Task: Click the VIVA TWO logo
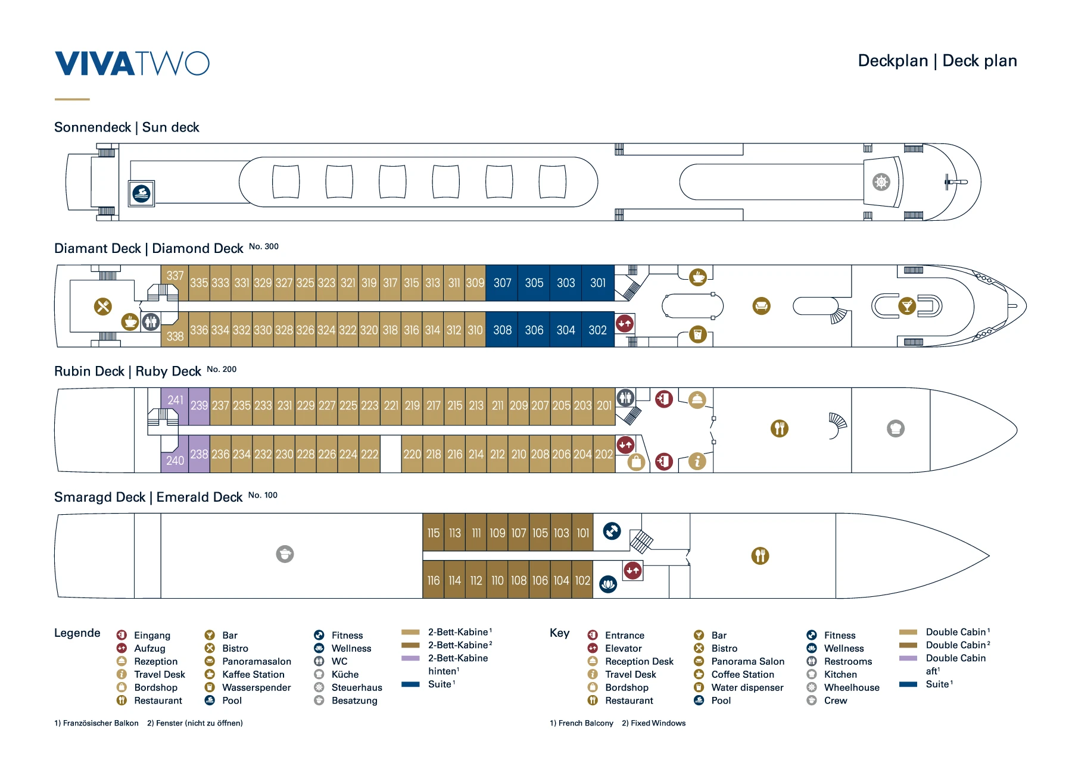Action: pyautogui.click(x=132, y=64)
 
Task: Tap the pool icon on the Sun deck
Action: pyautogui.click(x=142, y=193)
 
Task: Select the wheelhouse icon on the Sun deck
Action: pyautogui.click(x=881, y=182)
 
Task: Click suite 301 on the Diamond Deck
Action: pyautogui.click(x=597, y=283)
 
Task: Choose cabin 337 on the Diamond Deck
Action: pyautogui.click(x=175, y=276)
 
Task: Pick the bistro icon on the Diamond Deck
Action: pyautogui.click(x=103, y=306)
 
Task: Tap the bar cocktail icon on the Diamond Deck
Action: pyautogui.click(x=906, y=306)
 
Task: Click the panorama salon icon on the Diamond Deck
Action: pyautogui.click(x=761, y=306)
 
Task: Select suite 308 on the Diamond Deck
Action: pyautogui.click(x=502, y=330)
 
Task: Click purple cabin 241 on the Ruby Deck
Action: pyautogui.click(x=175, y=400)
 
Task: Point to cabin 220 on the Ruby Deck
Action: pyautogui.click(x=412, y=454)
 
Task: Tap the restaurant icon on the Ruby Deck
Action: pyautogui.click(x=779, y=428)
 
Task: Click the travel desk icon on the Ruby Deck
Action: pyautogui.click(x=697, y=461)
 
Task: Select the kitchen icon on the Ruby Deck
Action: pyautogui.click(x=895, y=428)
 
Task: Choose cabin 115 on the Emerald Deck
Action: pyautogui.click(x=433, y=533)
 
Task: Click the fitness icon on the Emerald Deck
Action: pyautogui.click(x=612, y=530)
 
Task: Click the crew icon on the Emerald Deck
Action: pyautogui.click(x=285, y=554)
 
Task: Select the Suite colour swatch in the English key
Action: pyautogui.click(x=908, y=684)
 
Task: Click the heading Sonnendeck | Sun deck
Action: pyautogui.click(x=126, y=127)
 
